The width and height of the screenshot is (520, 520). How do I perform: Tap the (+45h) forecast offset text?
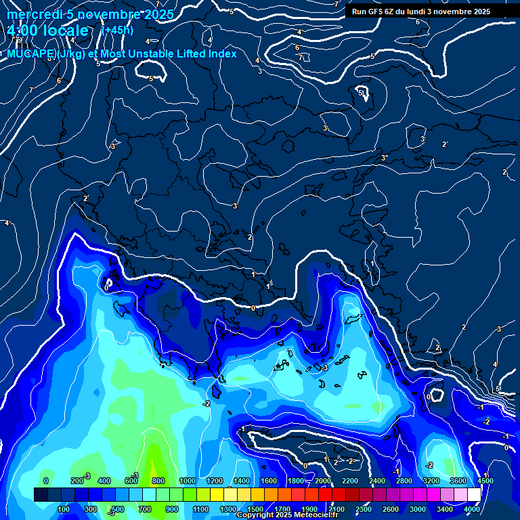(117, 30)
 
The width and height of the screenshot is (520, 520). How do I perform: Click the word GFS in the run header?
(377, 12)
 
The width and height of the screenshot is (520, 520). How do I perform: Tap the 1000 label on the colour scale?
(187, 481)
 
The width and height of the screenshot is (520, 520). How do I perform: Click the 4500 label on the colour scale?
(485, 481)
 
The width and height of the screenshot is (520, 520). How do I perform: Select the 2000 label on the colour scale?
(323, 481)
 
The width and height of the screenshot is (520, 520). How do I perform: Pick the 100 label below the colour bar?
(64, 509)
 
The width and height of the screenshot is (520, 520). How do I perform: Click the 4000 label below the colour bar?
(472, 509)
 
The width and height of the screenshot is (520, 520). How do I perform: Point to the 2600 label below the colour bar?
(391, 509)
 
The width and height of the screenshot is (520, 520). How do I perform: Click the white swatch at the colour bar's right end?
(474, 495)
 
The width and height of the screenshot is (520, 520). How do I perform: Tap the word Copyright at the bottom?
(255, 515)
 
